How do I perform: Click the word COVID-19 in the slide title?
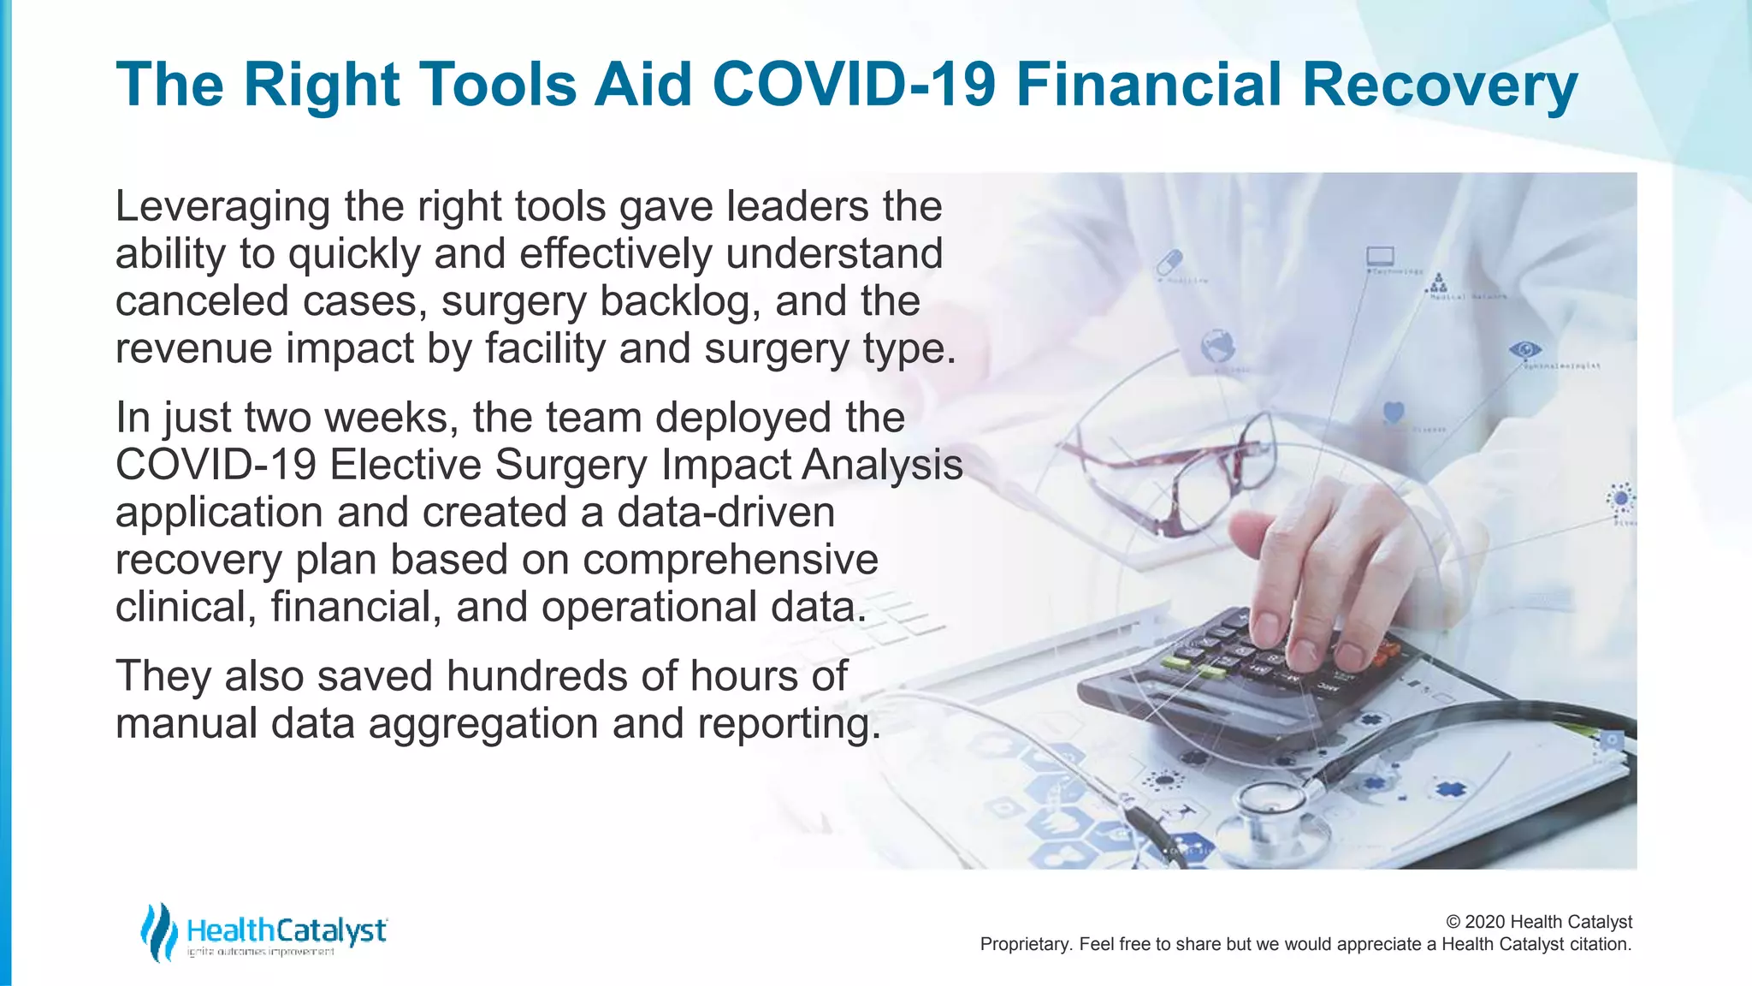pyautogui.click(x=854, y=85)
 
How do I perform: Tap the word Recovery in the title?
pyautogui.click(x=1439, y=85)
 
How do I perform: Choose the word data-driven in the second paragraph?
pyautogui.click(x=725, y=513)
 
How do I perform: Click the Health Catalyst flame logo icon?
pyautogui.click(x=158, y=931)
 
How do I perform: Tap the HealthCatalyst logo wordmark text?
pyautogui.click(x=287, y=930)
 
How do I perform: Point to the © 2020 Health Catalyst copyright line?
pyautogui.click(x=1538, y=922)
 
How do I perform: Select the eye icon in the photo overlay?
pyautogui.click(x=1524, y=349)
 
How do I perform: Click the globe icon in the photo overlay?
pyautogui.click(x=1217, y=346)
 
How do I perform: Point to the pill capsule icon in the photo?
pyautogui.click(x=1169, y=260)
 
